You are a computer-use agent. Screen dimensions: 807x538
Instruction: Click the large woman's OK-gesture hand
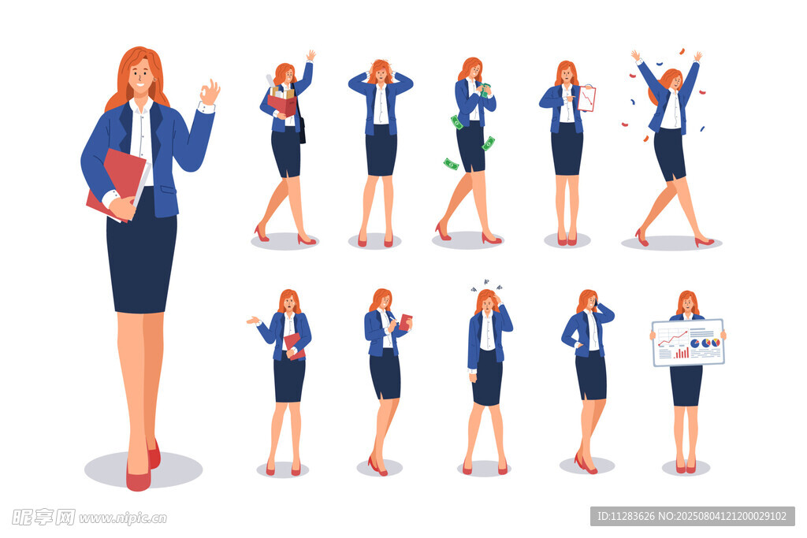pyautogui.click(x=210, y=93)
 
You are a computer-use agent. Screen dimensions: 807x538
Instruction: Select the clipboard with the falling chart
pyautogui.click(x=586, y=98)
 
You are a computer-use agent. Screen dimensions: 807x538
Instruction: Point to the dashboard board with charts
pyautogui.click(x=688, y=342)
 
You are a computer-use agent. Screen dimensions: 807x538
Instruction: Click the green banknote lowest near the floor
pyautogui.click(x=451, y=164)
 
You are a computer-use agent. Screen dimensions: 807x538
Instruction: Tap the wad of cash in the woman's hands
pyautogui.click(x=485, y=90)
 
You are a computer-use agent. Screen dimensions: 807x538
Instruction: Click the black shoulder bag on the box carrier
pyautogui.click(x=302, y=131)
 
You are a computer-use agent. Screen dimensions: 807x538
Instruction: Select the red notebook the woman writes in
pyautogui.click(x=406, y=322)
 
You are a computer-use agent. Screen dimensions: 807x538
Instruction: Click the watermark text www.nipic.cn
pyautogui.click(x=122, y=518)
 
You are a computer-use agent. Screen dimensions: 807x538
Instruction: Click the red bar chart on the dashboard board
pyautogui.click(x=681, y=353)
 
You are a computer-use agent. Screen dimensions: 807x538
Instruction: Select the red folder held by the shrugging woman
pyautogui.click(x=293, y=346)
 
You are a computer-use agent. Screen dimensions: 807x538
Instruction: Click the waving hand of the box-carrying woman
pyautogui.click(x=311, y=56)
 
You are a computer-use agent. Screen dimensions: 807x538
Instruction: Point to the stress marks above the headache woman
pyautogui.click(x=485, y=285)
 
